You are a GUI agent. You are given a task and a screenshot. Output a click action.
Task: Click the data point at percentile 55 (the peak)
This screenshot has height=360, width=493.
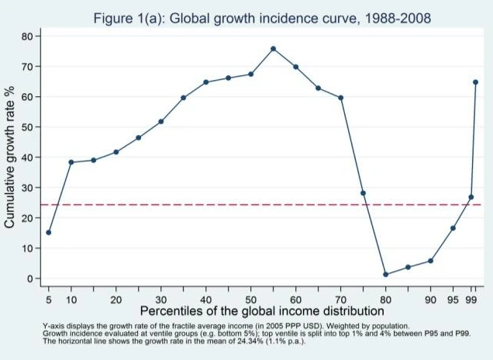tap(273, 48)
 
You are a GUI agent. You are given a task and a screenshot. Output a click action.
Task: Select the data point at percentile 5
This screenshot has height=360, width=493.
tap(48, 232)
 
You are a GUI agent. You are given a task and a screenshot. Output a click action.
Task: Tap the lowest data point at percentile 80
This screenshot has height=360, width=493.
tap(385, 274)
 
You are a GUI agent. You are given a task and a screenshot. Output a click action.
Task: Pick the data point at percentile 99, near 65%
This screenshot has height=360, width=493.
tap(475, 81)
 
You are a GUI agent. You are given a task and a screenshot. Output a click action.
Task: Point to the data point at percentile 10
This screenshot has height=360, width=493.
tap(71, 162)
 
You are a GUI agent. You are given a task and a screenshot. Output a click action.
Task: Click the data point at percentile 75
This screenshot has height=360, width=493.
tap(363, 192)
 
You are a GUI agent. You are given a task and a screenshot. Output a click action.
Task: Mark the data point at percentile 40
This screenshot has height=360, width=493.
tap(205, 82)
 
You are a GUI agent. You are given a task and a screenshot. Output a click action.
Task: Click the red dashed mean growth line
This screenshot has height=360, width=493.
tap(233, 205)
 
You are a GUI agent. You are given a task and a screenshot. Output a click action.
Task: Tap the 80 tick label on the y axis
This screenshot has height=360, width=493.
tap(28, 36)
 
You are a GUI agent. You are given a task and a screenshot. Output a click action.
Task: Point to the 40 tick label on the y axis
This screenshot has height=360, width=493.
tap(28, 157)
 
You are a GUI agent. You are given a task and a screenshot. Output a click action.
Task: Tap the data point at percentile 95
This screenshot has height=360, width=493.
tap(453, 228)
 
